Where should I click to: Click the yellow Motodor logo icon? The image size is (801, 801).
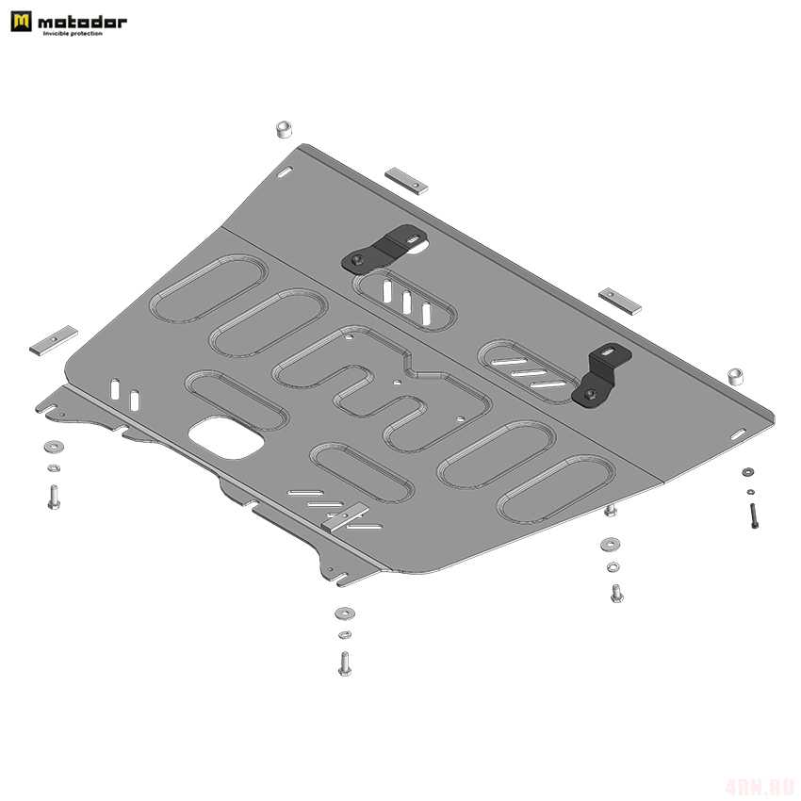[x=21, y=22]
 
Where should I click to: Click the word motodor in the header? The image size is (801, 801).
[x=82, y=22]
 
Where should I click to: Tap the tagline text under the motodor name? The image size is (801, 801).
[x=73, y=34]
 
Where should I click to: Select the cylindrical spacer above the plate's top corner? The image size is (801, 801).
[x=284, y=129]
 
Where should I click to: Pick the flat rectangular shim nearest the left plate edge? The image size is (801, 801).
[x=54, y=341]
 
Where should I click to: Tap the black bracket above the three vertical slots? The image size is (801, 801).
[x=384, y=251]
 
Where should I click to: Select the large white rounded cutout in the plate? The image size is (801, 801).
[x=226, y=437]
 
